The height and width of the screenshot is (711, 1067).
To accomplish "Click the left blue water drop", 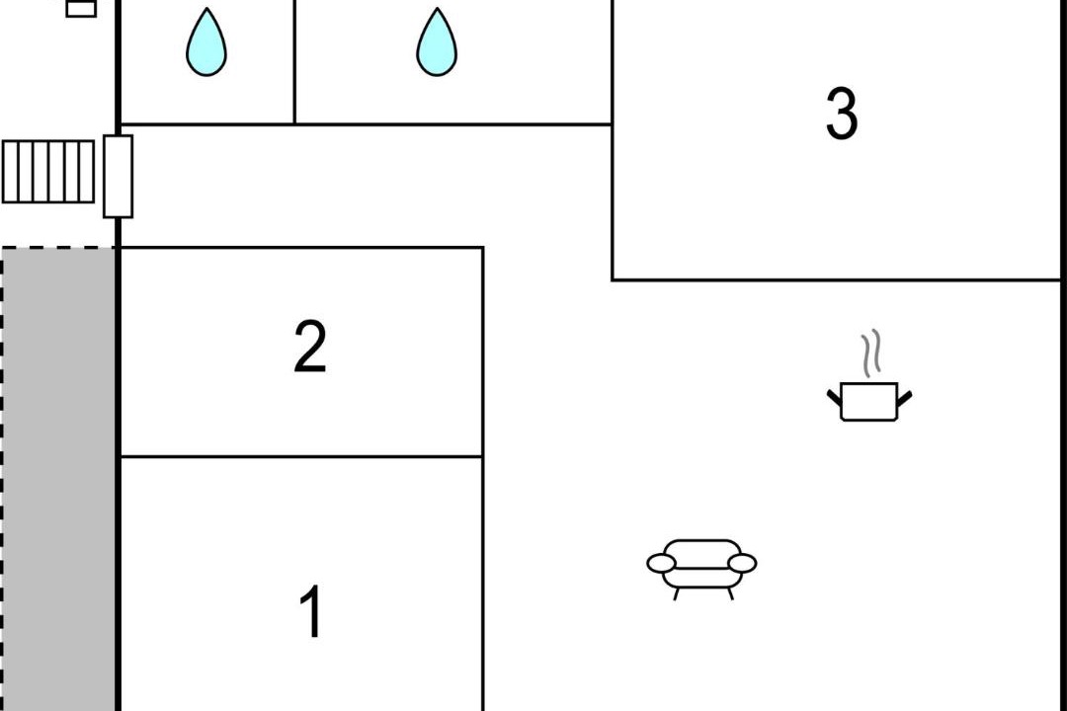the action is [206, 42].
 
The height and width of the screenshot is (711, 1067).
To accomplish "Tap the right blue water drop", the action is [437, 42].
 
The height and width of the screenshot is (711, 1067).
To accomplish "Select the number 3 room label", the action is [842, 114].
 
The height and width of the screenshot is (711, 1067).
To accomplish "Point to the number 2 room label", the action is [310, 347].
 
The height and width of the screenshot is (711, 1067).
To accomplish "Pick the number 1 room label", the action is [311, 611].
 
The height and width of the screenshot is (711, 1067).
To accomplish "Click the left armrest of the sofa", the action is [661, 563].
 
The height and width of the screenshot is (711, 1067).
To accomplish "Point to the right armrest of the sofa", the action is [742, 563].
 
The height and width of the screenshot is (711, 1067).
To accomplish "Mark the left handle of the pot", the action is [835, 399].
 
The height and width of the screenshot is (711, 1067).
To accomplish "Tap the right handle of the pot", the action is [904, 399].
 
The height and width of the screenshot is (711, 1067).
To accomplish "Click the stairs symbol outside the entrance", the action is [48, 172].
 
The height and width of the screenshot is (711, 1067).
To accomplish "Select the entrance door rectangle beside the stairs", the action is [118, 176].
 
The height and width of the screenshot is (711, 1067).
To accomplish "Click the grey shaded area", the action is [58, 480].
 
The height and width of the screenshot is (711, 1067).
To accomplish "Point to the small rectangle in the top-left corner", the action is [81, 8].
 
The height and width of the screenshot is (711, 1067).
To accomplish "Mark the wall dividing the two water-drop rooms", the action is [294, 62].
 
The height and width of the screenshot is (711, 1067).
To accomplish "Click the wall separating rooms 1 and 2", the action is [301, 456].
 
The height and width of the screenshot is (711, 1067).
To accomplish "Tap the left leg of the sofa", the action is [676, 593].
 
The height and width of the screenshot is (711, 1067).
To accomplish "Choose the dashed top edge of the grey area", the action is [58, 248].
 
